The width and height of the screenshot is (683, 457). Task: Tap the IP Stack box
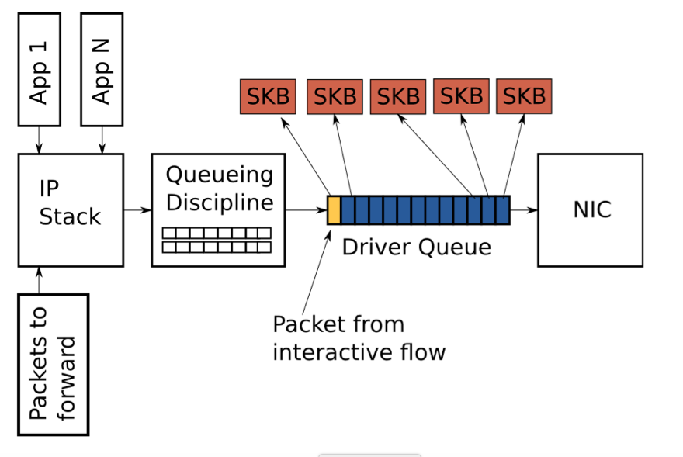pos(71,209)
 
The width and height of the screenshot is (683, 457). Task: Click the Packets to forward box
pos(54,365)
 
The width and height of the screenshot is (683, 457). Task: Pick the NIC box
pos(591,209)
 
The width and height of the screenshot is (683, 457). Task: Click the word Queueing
pos(220,175)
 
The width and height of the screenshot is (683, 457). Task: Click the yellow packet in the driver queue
pos(334,210)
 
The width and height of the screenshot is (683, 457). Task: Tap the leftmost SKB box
pos(268,96)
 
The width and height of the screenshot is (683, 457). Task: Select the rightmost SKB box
pos(524,96)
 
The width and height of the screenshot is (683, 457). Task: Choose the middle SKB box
pos(398,96)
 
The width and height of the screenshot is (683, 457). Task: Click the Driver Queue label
pos(417,247)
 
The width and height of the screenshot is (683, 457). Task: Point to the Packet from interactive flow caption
pos(359,338)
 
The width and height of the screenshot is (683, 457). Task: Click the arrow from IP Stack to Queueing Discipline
pos(137,209)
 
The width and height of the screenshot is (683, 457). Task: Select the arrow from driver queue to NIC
pos(524,210)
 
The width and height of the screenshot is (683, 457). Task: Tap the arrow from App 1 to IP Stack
pos(39,140)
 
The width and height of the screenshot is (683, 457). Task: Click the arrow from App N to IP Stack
pos(102,140)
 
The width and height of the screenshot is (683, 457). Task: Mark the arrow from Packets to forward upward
pos(39,280)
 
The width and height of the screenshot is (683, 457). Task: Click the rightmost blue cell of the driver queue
pos(503,210)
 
